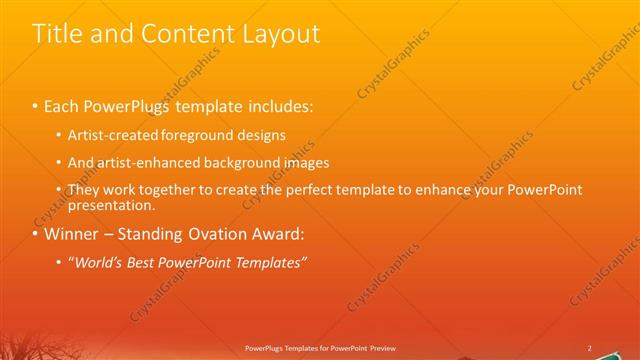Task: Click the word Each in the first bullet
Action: point(62,105)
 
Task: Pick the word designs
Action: point(261,135)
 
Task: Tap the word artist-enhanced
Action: point(148,162)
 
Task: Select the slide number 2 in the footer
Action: point(589,348)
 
